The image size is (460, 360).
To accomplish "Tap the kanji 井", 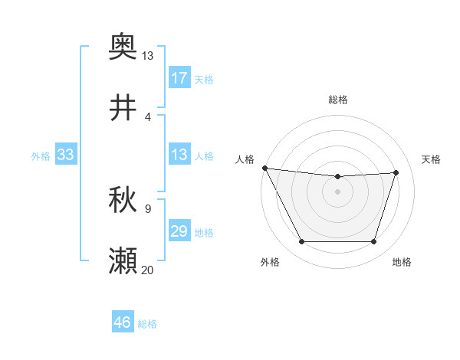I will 123,108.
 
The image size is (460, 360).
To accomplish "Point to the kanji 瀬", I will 123,261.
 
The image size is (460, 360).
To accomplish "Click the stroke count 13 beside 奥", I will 147,55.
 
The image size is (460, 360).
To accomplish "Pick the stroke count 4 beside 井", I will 147,116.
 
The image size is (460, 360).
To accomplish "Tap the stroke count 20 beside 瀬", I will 147,270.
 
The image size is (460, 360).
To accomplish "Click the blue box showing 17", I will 179,78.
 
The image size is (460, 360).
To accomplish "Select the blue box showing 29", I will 179,231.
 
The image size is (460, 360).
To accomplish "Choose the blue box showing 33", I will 66,155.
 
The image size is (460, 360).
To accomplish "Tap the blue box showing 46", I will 123,323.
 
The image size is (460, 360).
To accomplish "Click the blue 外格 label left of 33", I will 41,155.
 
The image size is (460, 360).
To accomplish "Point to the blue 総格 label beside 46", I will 147,324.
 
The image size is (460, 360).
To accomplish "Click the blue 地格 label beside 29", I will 204,232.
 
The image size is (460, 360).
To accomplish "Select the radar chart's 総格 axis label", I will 338,100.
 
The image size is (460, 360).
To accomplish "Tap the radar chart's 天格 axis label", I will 432,159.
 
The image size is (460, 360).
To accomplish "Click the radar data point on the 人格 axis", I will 264,168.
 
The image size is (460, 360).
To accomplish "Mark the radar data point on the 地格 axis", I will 373,242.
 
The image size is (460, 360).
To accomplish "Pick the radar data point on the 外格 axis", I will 301,242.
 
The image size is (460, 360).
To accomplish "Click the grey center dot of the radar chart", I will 337,191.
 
